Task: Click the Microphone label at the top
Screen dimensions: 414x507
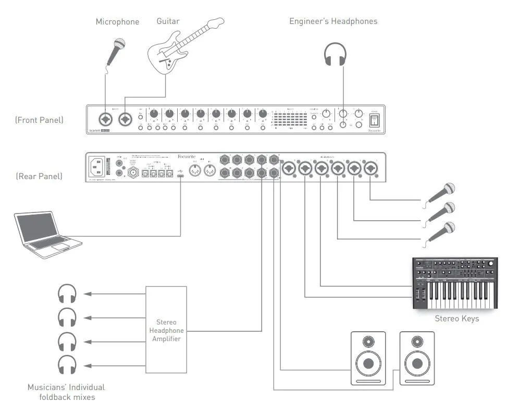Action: pos(117,22)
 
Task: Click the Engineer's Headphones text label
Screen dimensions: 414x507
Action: pos(333,21)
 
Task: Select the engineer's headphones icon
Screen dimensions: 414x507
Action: pos(335,54)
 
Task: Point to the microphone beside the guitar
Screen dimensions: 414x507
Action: pos(116,49)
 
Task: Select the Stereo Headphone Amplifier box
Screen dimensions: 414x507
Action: pos(166,329)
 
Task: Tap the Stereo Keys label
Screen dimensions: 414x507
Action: pos(456,318)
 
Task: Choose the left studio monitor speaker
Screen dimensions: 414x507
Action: pos(368,358)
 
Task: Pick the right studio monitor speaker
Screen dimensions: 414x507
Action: pos(416,358)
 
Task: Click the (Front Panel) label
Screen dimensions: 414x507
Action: pos(39,120)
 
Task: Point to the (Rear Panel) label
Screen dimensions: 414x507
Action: pos(39,176)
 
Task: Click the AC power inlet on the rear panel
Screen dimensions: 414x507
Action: pos(98,167)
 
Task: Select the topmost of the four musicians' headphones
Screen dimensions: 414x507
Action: pos(67,294)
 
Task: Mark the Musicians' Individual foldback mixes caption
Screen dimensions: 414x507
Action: pos(66,392)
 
